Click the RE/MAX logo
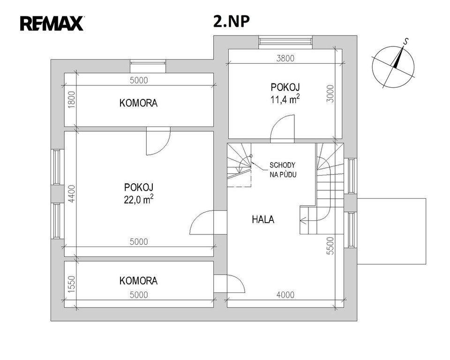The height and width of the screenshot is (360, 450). coord(52,23)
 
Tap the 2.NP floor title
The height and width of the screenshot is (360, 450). coord(231,21)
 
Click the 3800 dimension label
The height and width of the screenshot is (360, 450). coord(285,58)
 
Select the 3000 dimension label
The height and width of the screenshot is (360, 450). coord(330,94)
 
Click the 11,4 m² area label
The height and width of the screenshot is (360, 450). coord(285,99)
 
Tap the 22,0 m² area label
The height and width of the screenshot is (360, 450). coord(138,199)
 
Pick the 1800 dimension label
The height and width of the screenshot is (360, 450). coord(72,100)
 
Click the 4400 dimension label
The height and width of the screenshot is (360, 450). coord(72,194)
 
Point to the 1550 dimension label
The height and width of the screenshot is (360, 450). coord(72,285)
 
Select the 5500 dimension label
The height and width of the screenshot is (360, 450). coord(330,246)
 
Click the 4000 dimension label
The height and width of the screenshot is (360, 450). coord(285,295)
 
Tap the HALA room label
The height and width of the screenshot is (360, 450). coord(263,220)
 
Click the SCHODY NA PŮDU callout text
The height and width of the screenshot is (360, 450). coord(283,170)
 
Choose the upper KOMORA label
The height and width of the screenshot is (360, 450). coord(138,103)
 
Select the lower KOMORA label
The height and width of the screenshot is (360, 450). coord(138,281)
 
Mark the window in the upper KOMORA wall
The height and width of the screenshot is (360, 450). coord(148,66)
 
